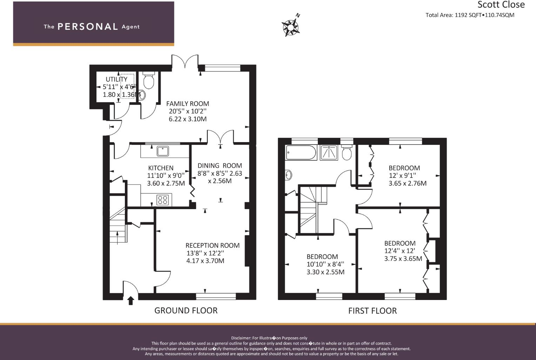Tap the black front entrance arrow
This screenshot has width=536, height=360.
click(x=131, y=301)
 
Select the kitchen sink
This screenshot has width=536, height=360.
click(x=163, y=151)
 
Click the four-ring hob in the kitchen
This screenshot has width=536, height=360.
click(x=162, y=200)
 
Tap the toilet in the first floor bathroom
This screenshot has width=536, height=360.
click(x=347, y=151)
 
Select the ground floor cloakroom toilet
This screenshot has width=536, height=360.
click(x=149, y=80)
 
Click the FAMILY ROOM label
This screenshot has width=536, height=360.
click(x=187, y=104)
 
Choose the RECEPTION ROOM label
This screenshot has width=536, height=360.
click(x=212, y=246)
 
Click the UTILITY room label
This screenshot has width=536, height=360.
click(x=116, y=79)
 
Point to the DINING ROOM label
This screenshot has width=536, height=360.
click(x=220, y=166)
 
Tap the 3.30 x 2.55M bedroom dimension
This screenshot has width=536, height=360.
click(x=325, y=272)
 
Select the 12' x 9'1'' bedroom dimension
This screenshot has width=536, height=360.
click(x=402, y=175)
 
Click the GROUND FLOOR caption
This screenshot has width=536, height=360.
click(x=186, y=311)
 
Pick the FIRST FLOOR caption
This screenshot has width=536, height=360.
click(x=372, y=311)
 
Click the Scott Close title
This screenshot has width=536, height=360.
click(x=501, y=5)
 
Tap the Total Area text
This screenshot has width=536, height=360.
click(x=470, y=15)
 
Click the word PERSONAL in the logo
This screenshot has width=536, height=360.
click(x=88, y=27)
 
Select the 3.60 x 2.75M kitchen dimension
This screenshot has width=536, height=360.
click(x=166, y=183)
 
